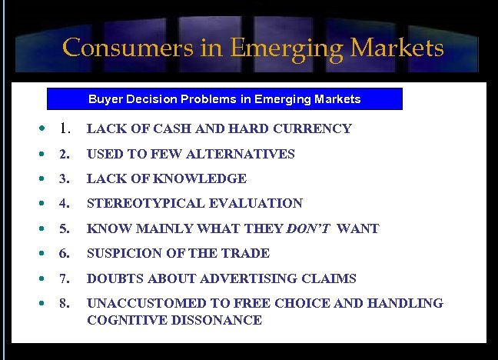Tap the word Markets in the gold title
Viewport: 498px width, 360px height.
tap(397, 48)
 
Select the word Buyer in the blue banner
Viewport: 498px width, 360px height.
tap(105, 99)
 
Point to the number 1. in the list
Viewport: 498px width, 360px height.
tap(65, 128)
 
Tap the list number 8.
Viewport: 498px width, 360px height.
tap(64, 303)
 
